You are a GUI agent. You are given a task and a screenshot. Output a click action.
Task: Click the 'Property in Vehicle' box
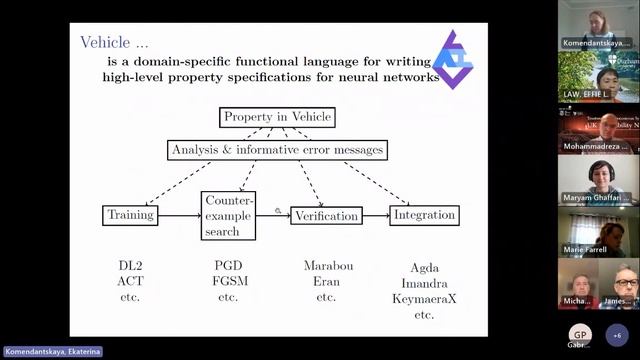tap(277, 118)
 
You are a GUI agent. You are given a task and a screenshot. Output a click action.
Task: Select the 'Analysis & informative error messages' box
tap(277, 150)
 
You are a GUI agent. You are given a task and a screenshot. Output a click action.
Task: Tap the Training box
tap(130, 214)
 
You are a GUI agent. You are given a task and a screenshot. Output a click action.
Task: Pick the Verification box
tap(326, 215)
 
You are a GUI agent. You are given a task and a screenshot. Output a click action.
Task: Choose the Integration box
tap(423, 214)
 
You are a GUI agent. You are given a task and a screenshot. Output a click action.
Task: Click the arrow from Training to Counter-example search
tap(179, 214)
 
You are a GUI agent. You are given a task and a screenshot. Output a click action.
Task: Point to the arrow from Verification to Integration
tap(375, 215)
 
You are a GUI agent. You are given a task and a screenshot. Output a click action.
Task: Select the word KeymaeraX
tap(424, 299)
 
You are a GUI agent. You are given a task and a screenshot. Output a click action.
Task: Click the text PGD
tap(228, 266)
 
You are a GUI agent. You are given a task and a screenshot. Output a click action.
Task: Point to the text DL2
tap(130, 266)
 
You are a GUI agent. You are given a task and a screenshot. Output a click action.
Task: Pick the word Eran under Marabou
tap(326, 282)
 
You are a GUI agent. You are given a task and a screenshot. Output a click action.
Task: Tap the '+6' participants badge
tap(617, 335)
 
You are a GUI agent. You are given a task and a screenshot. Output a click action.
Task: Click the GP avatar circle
tap(579, 334)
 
